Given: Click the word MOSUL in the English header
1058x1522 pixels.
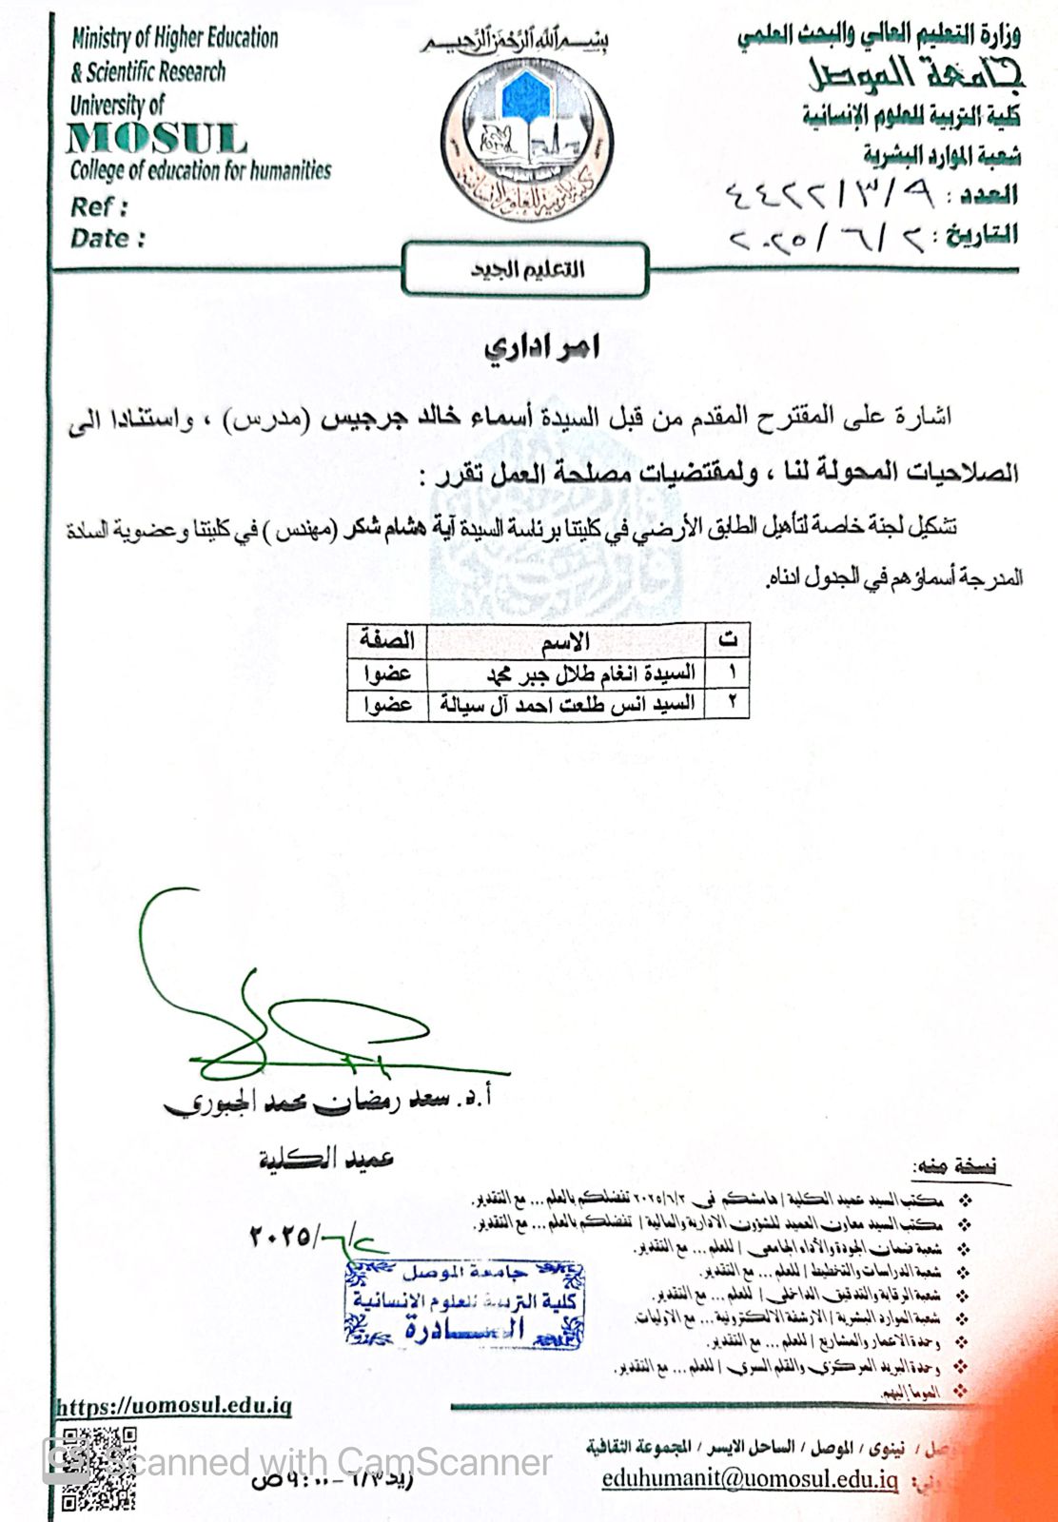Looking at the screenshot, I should coord(157,139).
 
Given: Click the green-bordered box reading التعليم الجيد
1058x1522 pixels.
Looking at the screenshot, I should coord(526,269).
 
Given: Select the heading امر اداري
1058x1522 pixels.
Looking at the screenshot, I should coord(541,348).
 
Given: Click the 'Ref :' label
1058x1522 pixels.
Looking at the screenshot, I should coord(98,206).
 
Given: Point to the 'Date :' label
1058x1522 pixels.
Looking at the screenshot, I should coord(108,238).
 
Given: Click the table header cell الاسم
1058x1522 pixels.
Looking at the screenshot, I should coord(566,641).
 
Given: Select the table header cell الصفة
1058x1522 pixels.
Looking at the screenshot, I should coord(386,640).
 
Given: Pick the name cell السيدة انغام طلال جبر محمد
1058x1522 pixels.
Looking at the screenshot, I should coord(590,673).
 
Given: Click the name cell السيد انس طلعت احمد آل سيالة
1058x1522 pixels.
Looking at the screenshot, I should coord(567,704).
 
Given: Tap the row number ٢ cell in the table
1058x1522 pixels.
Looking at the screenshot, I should coord(732,704).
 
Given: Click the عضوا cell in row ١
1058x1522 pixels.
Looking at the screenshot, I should coord(386,673).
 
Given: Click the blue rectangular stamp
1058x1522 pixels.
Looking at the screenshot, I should coord(464,1302).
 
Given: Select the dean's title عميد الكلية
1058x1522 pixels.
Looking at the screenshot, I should coord(325,1159).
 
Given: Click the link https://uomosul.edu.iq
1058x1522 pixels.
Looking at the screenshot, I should coord(174,1407).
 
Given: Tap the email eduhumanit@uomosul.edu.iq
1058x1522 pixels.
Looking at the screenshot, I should coord(750,1479).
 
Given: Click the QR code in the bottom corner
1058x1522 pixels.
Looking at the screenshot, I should coord(98,1469).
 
